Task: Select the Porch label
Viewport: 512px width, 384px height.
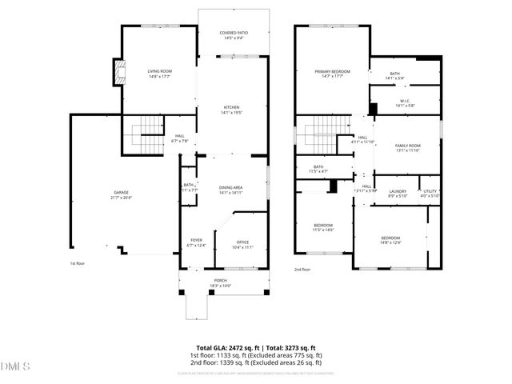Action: [220, 282]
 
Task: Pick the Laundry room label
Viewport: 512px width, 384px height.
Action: [398, 193]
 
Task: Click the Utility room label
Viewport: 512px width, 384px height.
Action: [430, 193]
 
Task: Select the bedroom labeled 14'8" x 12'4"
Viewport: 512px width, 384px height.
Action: [390, 240]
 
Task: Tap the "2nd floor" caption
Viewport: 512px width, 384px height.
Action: [302, 270]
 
